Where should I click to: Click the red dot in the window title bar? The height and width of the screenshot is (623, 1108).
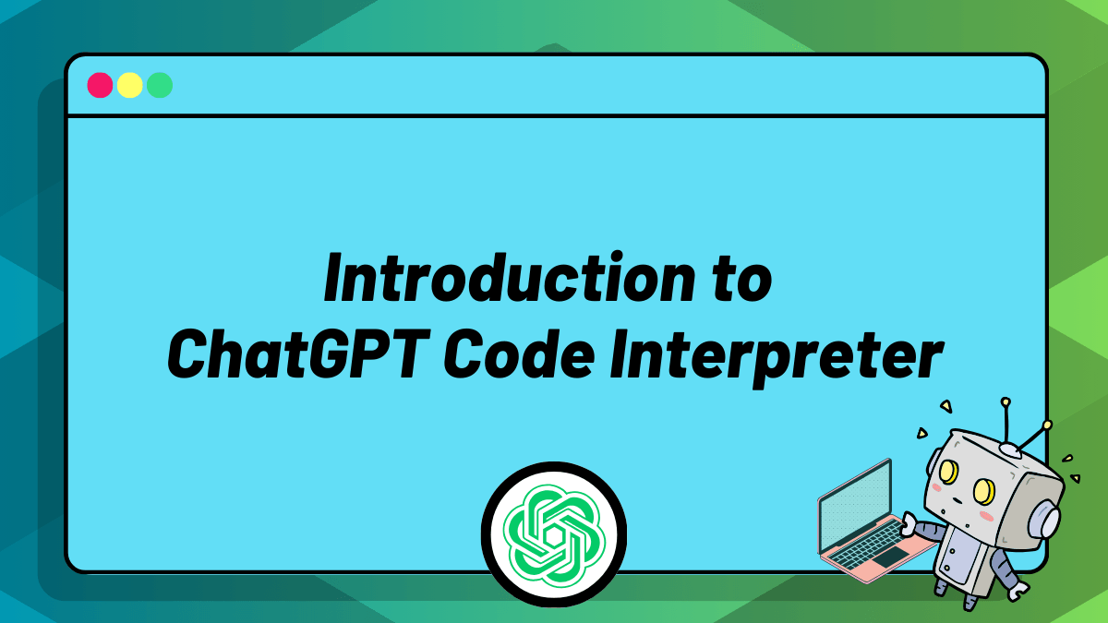[100, 85]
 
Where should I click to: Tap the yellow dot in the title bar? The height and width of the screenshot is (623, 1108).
[129, 85]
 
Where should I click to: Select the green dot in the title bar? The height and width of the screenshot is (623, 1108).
[160, 85]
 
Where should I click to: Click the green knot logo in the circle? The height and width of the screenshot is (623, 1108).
[554, 534]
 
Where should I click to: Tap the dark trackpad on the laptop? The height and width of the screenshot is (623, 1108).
[891, 557]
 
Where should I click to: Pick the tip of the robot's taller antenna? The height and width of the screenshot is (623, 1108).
[1006, 402]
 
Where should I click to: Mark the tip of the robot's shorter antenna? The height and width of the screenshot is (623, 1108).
[1047, 425]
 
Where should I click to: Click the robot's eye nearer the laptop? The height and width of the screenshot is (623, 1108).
[948, 472]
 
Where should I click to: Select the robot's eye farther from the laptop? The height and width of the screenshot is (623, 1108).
[984, 491]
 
